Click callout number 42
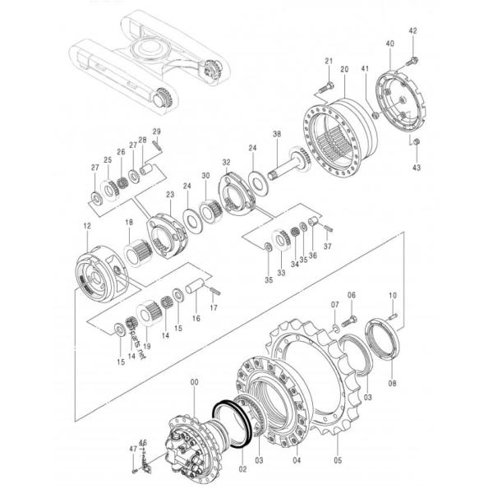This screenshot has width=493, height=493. tap(413, 31)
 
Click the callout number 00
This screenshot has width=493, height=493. tap(194, 382)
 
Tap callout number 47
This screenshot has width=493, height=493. tap(131, 448)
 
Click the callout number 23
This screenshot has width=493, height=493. tap(170, 195)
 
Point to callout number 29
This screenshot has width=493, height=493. tap(156, 132)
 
